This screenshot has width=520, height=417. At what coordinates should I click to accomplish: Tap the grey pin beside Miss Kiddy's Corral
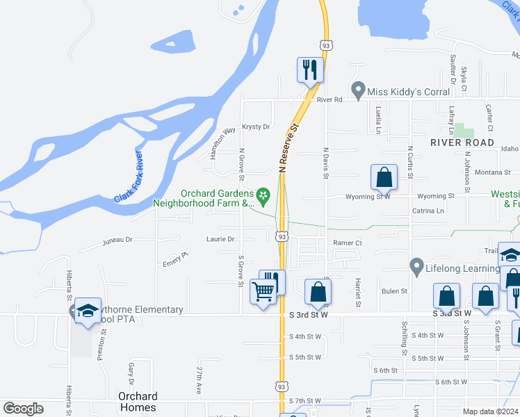(x=358, y=90)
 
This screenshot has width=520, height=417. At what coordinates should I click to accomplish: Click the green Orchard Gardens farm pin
(x=263, y=195)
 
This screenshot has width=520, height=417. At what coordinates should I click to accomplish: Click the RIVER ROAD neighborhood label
(x=462, y=142)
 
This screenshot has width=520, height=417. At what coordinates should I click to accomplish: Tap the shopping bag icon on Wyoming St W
(x=384, y=178)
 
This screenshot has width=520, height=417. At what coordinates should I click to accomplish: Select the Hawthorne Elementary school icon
(x=88, y=311)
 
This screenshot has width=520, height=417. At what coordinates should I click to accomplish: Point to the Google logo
(x=24, y=409)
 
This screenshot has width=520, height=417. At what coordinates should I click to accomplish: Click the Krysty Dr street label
(x=256, y=127)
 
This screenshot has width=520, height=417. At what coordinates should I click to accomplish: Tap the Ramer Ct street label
(x=348, y=243)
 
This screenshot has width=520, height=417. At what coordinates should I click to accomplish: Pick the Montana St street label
(x=493, y=172)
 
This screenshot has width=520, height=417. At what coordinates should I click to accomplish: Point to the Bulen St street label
(x=393, y=291)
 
